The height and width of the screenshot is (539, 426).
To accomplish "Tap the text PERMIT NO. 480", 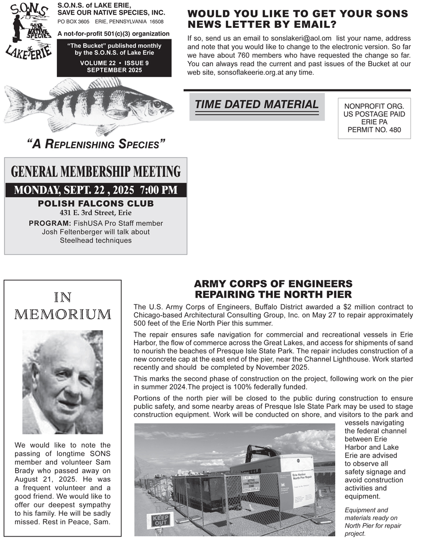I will (x=374, y=129).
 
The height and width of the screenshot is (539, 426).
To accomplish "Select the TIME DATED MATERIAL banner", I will (x=257, y=105).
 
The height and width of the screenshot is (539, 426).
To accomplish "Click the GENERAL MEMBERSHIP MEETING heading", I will (x=96, y=171).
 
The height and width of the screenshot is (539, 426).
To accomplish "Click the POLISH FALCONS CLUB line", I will (x=96, y=204).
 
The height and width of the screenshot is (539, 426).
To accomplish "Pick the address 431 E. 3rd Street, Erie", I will (x=96, y=213).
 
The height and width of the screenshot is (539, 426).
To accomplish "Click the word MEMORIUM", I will (x=63, y=314).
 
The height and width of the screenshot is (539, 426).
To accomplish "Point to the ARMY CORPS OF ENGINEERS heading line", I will (x=273, y=284).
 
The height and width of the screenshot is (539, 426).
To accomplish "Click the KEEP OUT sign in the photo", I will (x=160, y=521).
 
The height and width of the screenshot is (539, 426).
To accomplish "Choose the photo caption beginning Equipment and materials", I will (x=373, y=521).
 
